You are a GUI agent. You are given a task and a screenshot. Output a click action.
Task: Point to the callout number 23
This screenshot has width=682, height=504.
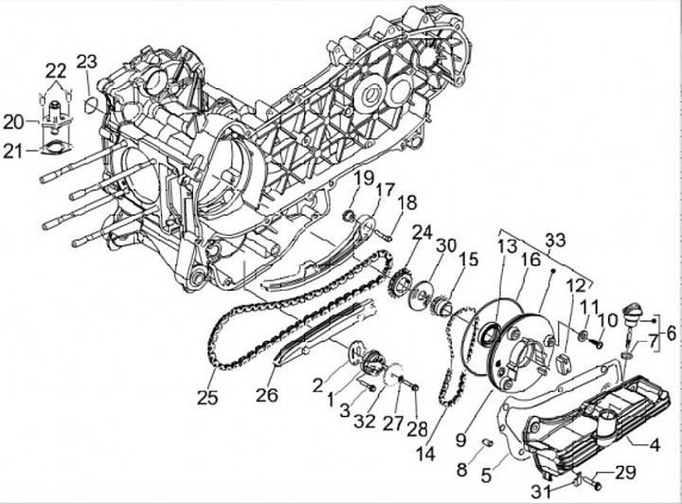point(87,63)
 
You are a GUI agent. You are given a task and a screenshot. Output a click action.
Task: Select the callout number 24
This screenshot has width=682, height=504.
point(422,231)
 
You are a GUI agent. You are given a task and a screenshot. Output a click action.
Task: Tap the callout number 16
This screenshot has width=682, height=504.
point(530,258)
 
